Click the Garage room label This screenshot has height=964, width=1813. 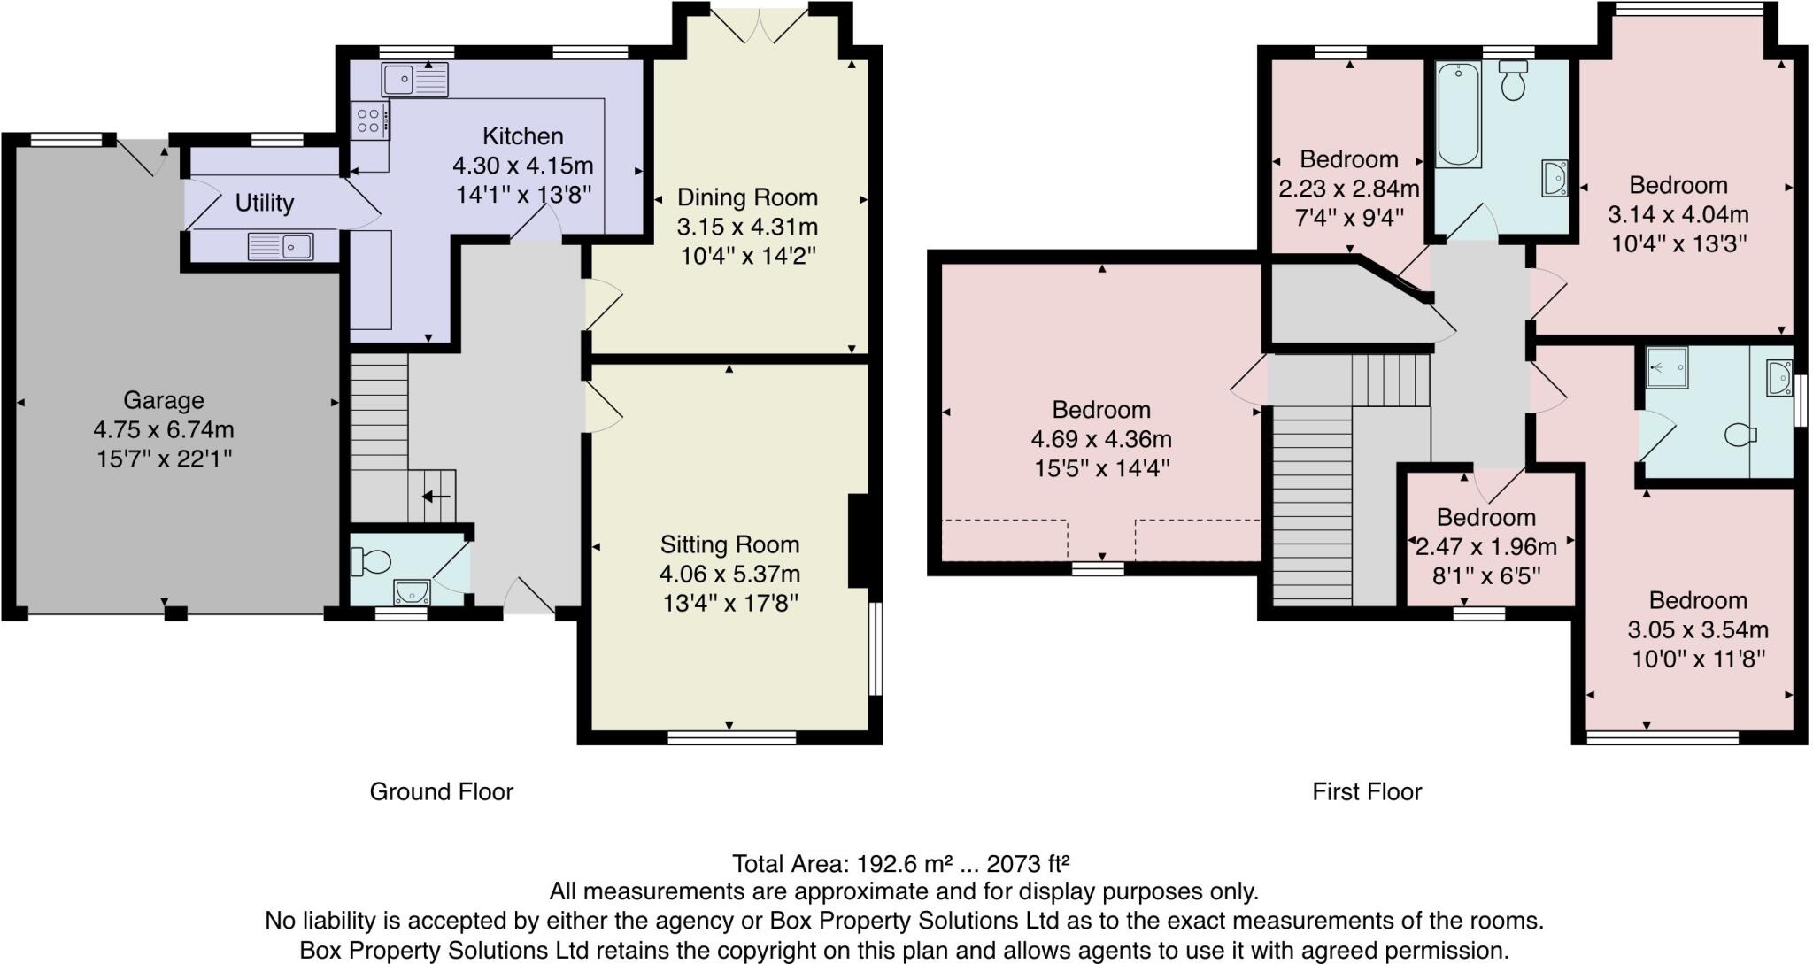163,400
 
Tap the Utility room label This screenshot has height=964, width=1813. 264,203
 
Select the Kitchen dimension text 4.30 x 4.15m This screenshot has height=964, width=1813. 522,166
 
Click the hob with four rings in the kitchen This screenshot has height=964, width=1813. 370,121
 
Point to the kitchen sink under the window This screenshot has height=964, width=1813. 414,80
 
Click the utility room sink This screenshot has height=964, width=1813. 281,245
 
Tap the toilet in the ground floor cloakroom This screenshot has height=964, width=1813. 372,561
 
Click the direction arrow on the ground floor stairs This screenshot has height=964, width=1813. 435,497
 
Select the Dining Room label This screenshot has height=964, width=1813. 746,197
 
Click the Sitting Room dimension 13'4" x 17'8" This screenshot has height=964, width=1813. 729,604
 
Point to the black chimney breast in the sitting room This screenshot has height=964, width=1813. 858,541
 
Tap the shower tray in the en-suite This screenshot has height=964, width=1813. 1666,367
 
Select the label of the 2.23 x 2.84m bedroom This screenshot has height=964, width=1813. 1348,159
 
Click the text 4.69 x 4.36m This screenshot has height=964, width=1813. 1100,439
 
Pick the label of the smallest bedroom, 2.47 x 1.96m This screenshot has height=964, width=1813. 1485,517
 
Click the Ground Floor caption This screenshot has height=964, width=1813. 441,791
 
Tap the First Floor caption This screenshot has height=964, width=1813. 1366,791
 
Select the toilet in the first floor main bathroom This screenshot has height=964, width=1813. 1513,81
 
